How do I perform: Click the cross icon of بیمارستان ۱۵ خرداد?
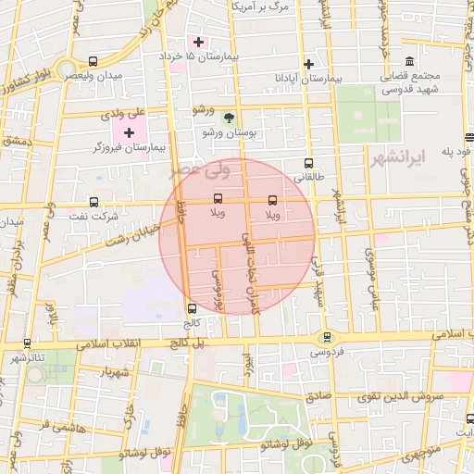click(x=198, y=42)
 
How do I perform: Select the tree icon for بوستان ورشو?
click(x=229, y=118)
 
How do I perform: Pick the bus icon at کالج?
click(x=192, y=308)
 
